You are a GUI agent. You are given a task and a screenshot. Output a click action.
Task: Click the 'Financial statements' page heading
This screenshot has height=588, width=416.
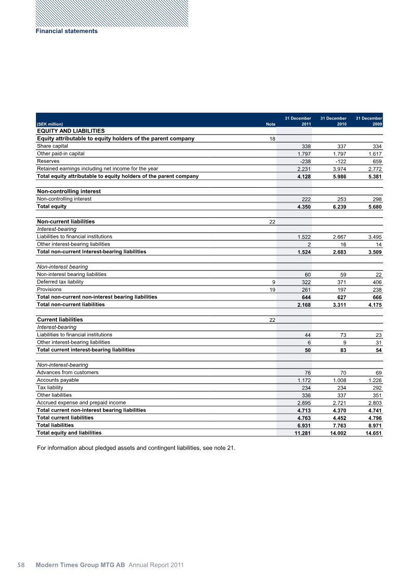pyautogui.click(x=67, y=31)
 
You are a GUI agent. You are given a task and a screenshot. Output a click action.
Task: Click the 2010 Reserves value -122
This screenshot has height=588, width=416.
pyautogui.click(x=339, y=161)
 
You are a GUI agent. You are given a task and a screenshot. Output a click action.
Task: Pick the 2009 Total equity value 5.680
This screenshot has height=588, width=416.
pyautogui.click(x=372, y=207)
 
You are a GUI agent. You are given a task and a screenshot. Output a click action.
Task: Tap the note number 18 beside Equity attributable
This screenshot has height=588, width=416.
pyautogui.click(x=272, y=139)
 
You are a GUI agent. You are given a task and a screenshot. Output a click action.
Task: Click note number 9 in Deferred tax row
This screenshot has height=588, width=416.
pyautogui.click(x=274, y=282)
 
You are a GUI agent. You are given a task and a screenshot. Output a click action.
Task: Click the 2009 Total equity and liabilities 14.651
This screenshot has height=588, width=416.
pyautogui.click(x=370, y=433)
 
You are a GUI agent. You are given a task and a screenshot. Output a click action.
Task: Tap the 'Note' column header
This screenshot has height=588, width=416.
pyautogui.click(x=270, y=125)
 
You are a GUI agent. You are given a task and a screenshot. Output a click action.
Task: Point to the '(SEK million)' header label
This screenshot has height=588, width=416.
pyautogui.click(x=50, y=125)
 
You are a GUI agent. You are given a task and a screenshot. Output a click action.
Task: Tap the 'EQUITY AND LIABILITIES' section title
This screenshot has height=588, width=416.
pyautogui.click(x=71, y=131)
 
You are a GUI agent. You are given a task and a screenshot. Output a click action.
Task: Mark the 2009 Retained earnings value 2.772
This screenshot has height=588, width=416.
pyautogui.click(x=372, y=169)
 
